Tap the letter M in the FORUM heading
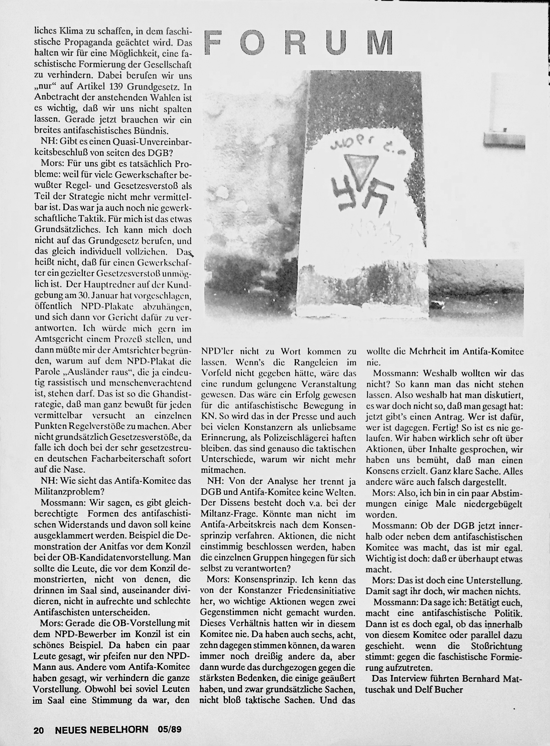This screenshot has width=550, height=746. point(380,42)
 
